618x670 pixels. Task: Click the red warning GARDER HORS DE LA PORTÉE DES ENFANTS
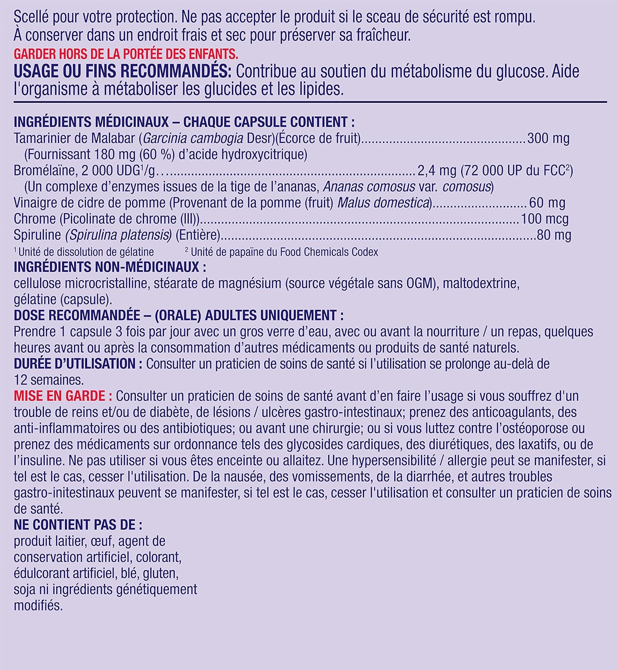coord(126,54)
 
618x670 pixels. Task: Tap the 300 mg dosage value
coord(548,138)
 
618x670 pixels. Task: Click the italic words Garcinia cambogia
coord(193,138)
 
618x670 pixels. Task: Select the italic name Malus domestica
coord(383,203)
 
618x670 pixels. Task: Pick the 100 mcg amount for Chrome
coord(544,219)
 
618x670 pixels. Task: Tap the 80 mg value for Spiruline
coord(554,235)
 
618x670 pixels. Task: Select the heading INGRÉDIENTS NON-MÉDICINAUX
coord(110,267)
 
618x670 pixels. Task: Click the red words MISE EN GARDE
coord(60,396)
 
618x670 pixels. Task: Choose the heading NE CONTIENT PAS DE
coord(78,524)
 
